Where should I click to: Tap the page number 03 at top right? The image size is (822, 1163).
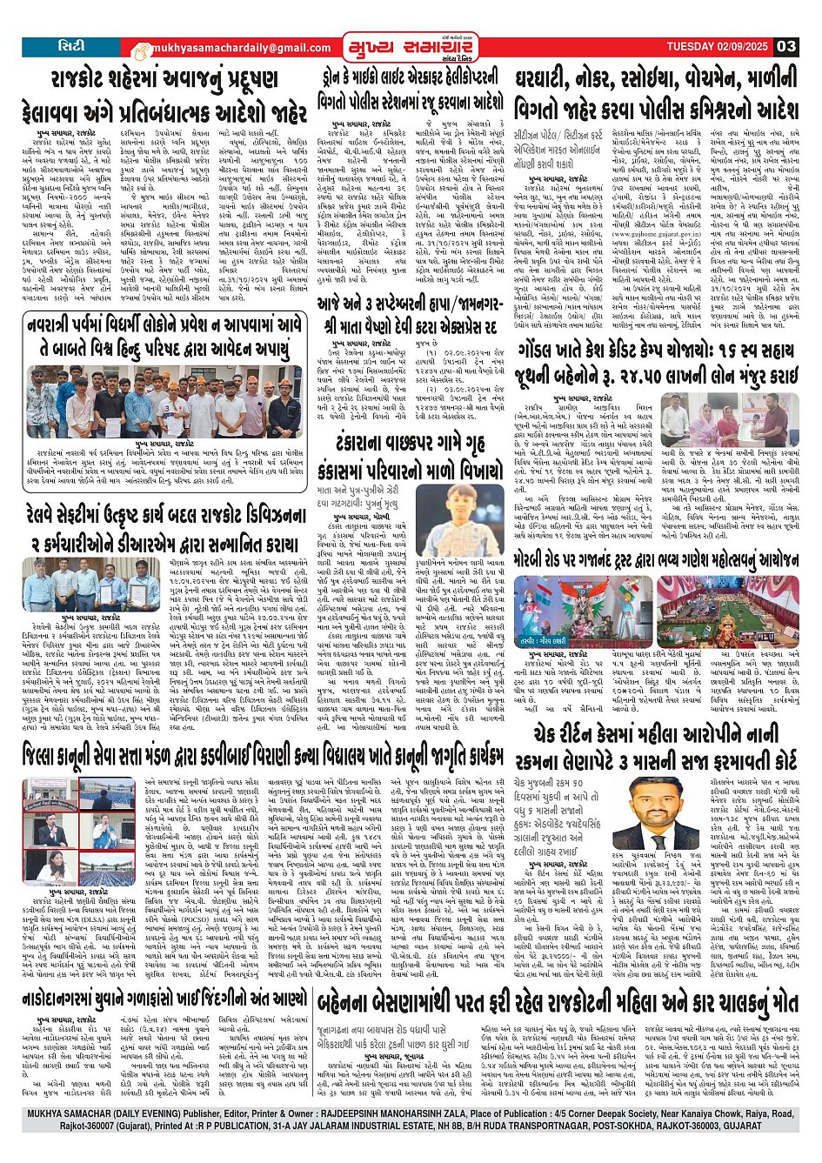coord(785,46)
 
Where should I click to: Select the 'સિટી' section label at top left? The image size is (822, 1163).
coord(70,45)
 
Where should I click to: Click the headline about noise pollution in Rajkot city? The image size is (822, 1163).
coord(165,95)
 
